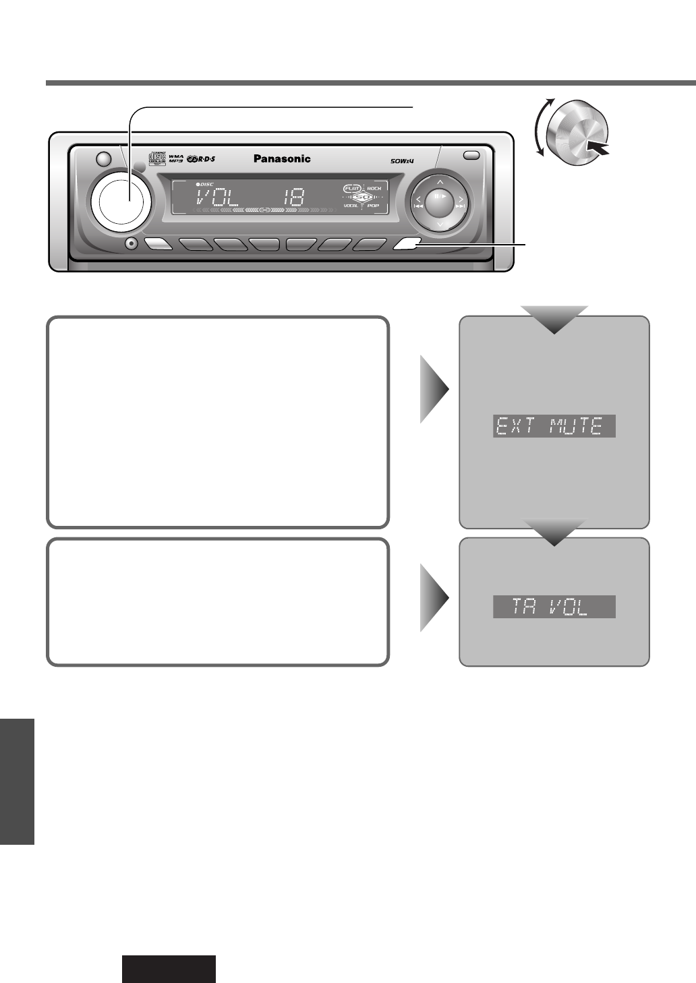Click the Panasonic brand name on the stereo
(x=282, y=159)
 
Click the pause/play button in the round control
(x=439, y=196)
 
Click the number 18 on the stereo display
(x=294, y=198)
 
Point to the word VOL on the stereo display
(x=212, y=198)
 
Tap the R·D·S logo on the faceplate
(x=204, y=159)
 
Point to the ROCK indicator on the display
(x=374, y=188)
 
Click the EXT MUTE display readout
(x=554, y=427)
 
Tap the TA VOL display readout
(x=554, y=607)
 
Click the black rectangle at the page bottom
(x=169, y=969)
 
